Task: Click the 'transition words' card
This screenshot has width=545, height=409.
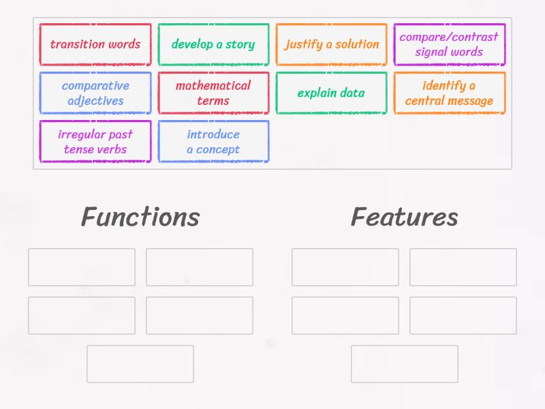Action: point(95,44)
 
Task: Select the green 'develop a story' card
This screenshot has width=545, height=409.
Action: point(213,44)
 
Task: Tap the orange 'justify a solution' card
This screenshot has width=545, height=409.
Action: point(331,44)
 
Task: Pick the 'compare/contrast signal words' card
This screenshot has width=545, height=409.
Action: point(449,44)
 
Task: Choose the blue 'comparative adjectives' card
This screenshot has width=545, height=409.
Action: point(95,93)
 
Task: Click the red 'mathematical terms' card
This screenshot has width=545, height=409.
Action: point(213,93)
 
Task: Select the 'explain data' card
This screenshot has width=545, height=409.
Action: point(331,93)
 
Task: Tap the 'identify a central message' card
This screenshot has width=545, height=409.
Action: point(449,93)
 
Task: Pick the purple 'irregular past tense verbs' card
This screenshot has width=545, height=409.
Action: point(95,141)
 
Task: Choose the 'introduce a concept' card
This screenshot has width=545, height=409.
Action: point(213,141)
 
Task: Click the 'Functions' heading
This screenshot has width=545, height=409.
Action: point(140,217)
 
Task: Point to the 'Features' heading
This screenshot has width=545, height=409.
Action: point(404,217)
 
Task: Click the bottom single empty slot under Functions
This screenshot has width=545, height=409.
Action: point(140,363)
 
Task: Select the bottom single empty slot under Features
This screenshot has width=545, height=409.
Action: point(404,363)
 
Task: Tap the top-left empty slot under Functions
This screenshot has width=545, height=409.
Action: point(82,267)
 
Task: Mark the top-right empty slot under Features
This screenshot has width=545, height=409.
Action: point(463,267)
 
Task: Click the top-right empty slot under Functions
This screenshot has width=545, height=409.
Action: point(200,267)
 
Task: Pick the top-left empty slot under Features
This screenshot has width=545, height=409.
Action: point(345,267)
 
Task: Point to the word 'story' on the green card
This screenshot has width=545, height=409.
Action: point(240,45)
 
